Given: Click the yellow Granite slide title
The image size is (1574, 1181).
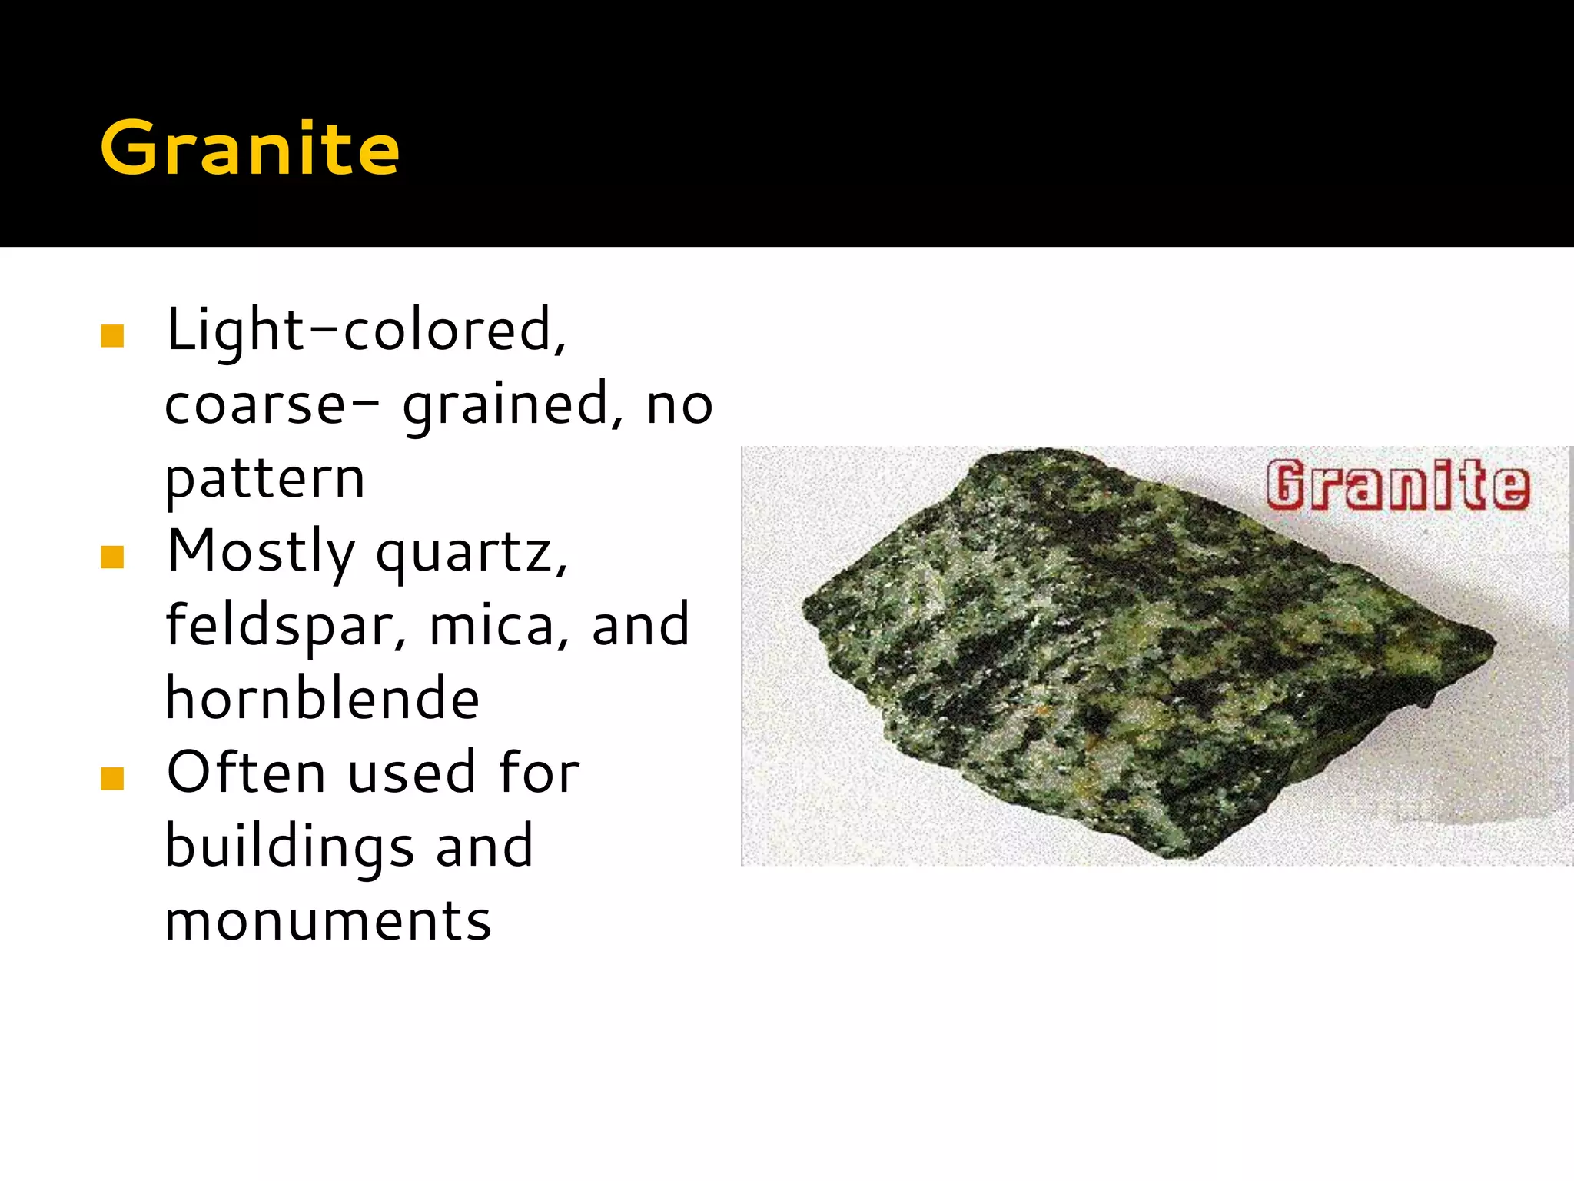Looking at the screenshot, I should tap(250, 148).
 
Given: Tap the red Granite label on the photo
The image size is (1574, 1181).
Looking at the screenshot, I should tap(1397, 485).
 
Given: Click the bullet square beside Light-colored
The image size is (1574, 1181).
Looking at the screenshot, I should tap(112, 336).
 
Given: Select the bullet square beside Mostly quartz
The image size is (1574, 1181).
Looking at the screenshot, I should tap(112, 557).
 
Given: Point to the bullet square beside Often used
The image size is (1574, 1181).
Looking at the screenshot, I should tap(112, 779).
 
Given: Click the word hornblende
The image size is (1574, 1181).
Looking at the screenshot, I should tap(323, 698).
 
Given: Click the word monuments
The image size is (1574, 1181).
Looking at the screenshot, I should tap(328, 921).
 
